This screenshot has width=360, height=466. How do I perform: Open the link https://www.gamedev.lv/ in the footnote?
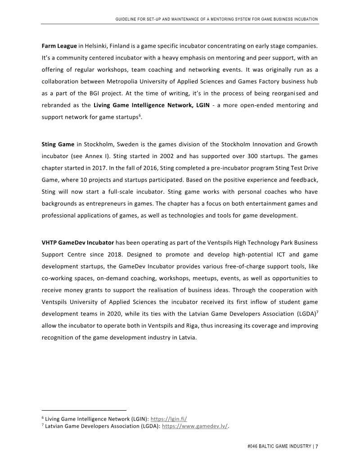195,425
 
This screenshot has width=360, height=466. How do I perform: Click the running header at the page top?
217,19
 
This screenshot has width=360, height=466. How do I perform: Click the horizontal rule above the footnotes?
84,411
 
